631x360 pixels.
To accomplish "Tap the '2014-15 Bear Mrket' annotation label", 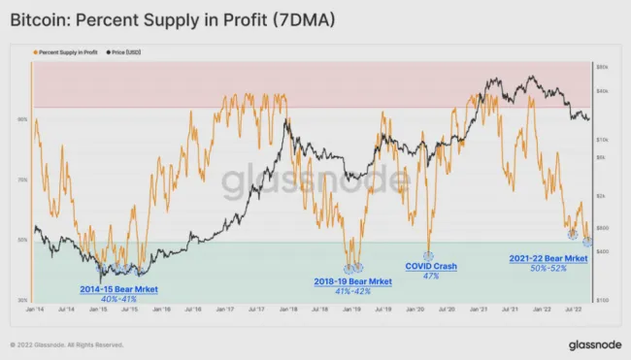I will tap(118, 289).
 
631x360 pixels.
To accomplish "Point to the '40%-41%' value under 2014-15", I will tap(118, 300).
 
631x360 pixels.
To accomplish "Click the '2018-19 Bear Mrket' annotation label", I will tap(353, 281).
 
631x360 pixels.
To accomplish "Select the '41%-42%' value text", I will tap(353, 291).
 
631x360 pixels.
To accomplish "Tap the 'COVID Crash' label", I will tap(430, 266).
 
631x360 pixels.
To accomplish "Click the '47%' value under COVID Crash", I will tap(430, 277).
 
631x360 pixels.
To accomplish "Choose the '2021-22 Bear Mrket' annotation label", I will tap(548, 258).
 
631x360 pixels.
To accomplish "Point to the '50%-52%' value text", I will tap(548, 269).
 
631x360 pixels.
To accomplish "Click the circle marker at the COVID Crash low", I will tap(427, 254).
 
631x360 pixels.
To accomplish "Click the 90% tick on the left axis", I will tap(21, 119).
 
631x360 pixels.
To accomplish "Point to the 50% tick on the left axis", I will tap(21, 240).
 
